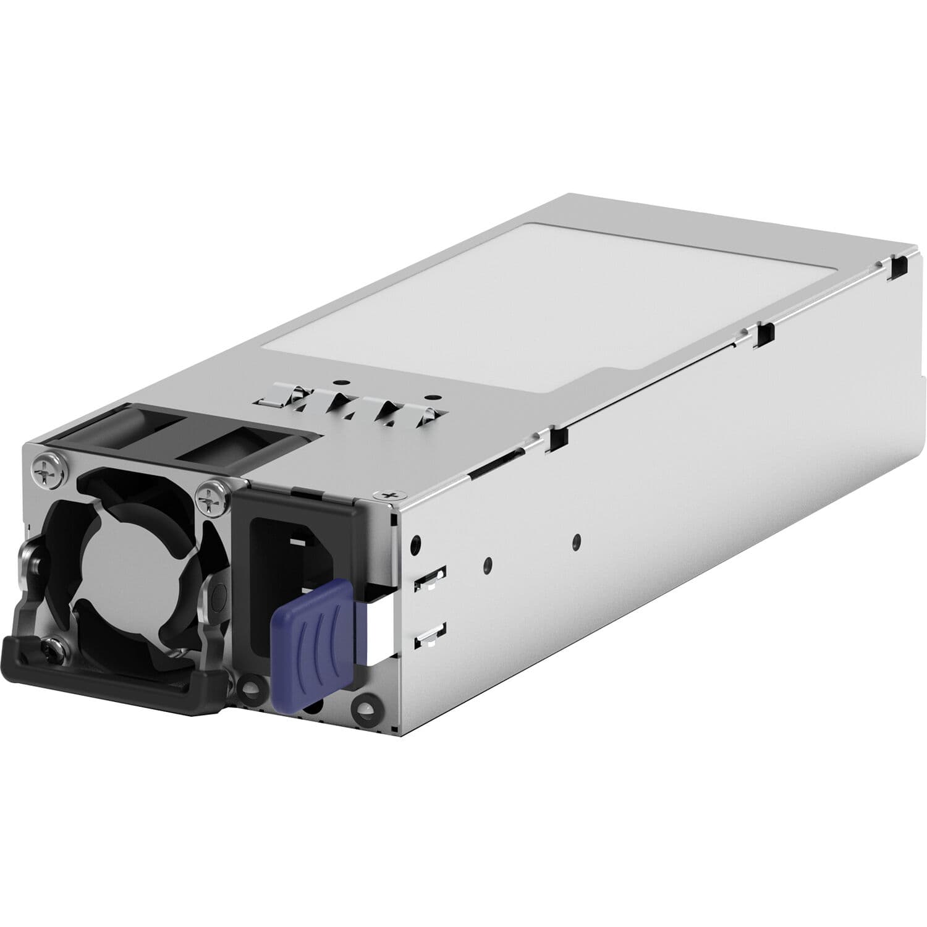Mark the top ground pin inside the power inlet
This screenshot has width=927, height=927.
tap(297, 542)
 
